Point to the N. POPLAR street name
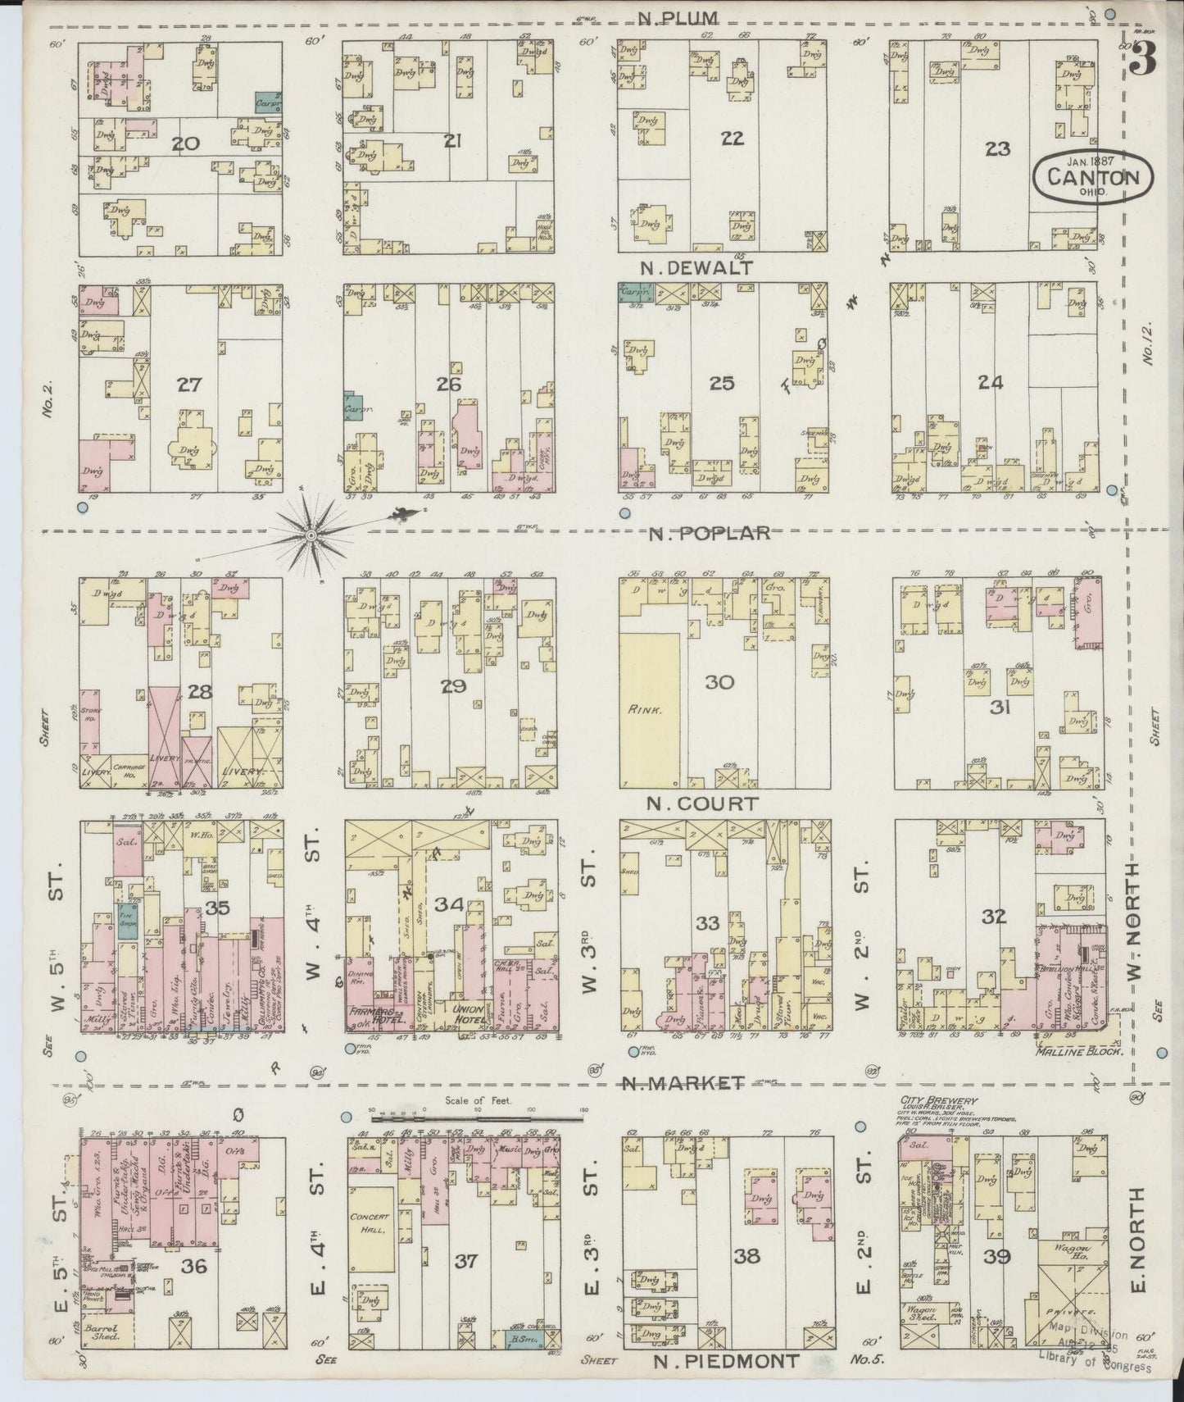[710, 534]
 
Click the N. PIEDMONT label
[726, 1362]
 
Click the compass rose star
[311, 535]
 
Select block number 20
[185, 145]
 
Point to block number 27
[189, 384]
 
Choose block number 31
[998, 707]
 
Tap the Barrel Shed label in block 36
[104, 1332]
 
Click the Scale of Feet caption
[479, 1101]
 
